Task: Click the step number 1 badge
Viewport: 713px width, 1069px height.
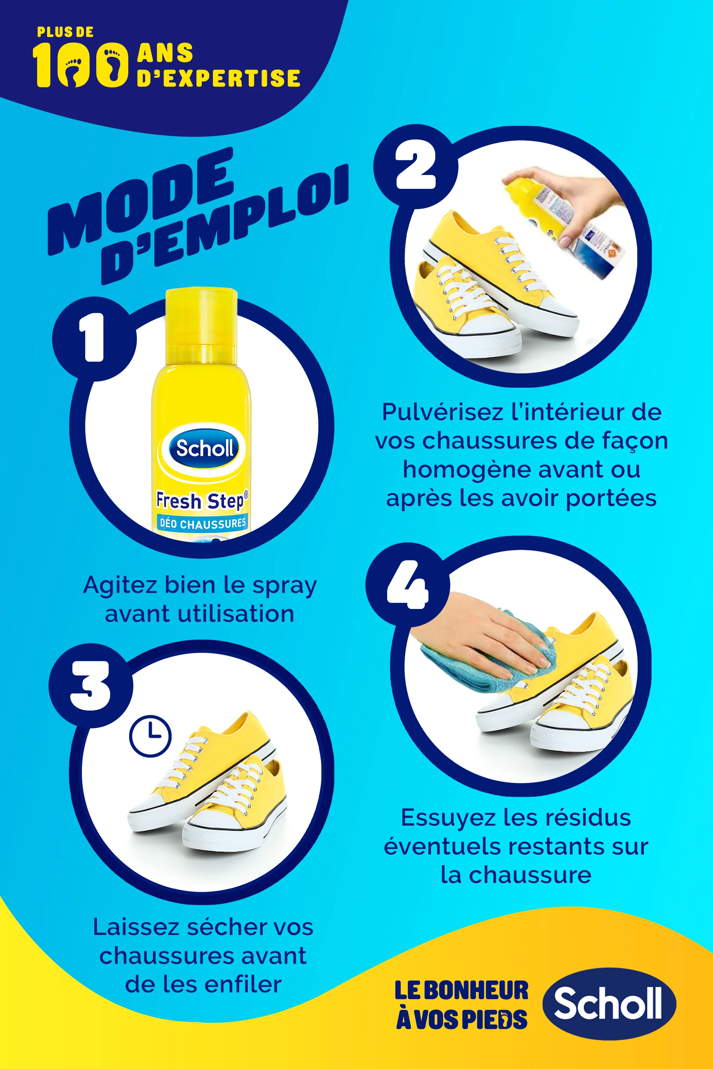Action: pyautogui.click(x=94, y=338)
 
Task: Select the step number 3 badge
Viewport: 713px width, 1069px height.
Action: pyautogui.click(x=91, y=685)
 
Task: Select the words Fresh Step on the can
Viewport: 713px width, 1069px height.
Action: pyautogui.click(x=201, y=500)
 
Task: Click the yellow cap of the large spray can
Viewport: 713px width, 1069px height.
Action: pyautogui.click(x=201, y=323)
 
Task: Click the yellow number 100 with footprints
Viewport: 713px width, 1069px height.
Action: pyautogui.click(x=79, y=64)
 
